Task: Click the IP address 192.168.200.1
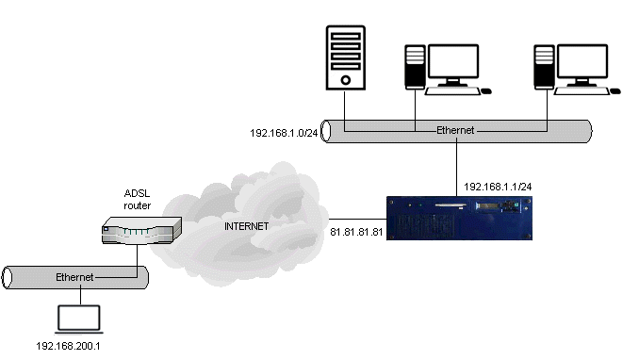(67, 346)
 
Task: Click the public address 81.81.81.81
(356, 229)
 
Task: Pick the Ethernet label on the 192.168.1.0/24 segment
(455, 129)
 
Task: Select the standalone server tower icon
(344, 57)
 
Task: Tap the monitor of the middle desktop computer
(453, 63)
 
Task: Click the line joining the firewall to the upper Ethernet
(458, 168)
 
